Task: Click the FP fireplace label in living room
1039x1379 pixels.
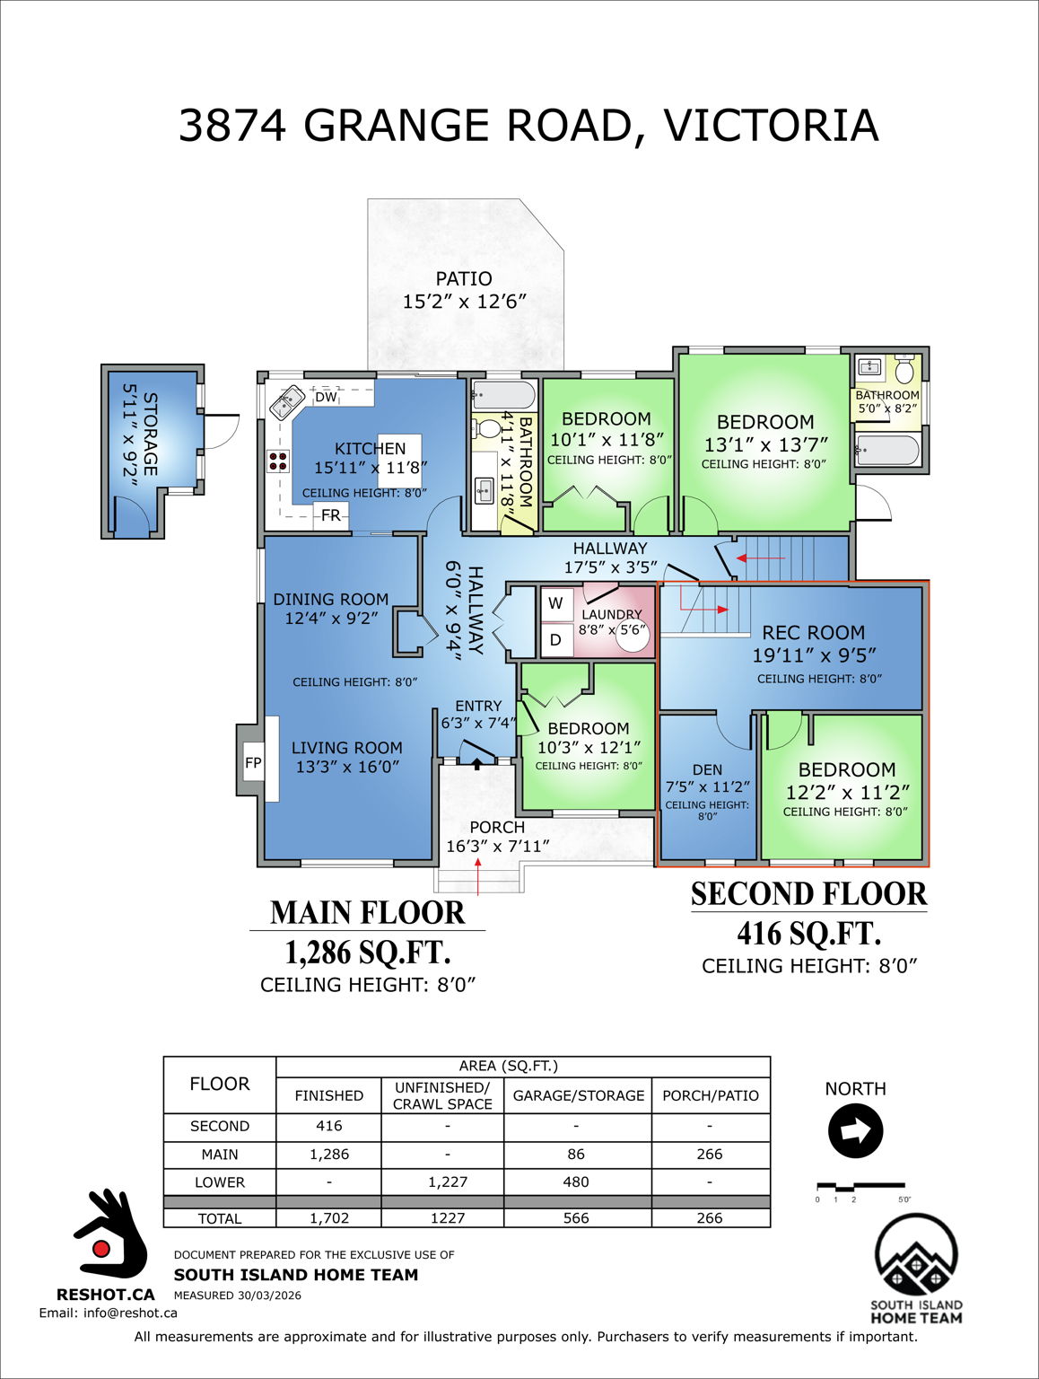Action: click(253, 763)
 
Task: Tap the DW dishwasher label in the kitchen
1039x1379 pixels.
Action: click(326, 397)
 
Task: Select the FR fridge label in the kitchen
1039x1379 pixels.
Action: click(330, 515)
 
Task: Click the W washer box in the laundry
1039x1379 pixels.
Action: click(556, 603)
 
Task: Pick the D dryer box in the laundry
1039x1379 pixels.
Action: click(556, 640)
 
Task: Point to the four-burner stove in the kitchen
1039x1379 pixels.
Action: click(278, 461)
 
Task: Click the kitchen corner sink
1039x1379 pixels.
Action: click(287, 402)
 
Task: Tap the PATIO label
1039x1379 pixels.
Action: click(464, 279)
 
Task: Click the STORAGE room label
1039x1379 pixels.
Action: click(150, 434)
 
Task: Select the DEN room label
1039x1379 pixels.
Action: click(707, 769)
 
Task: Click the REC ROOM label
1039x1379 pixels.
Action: click(813, 633)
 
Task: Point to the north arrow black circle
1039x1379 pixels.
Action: click(855, 1131)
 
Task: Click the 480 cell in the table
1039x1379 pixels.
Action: click(576, 1182)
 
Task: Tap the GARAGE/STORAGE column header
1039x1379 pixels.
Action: click(578, 1095)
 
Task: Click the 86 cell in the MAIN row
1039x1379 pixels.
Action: click(576, 1155)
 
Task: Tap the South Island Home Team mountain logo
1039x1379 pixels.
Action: click(916, 1256)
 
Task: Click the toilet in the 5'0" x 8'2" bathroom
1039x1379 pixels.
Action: click(904, 369)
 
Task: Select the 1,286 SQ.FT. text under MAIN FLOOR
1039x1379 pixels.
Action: click(367, 952)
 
